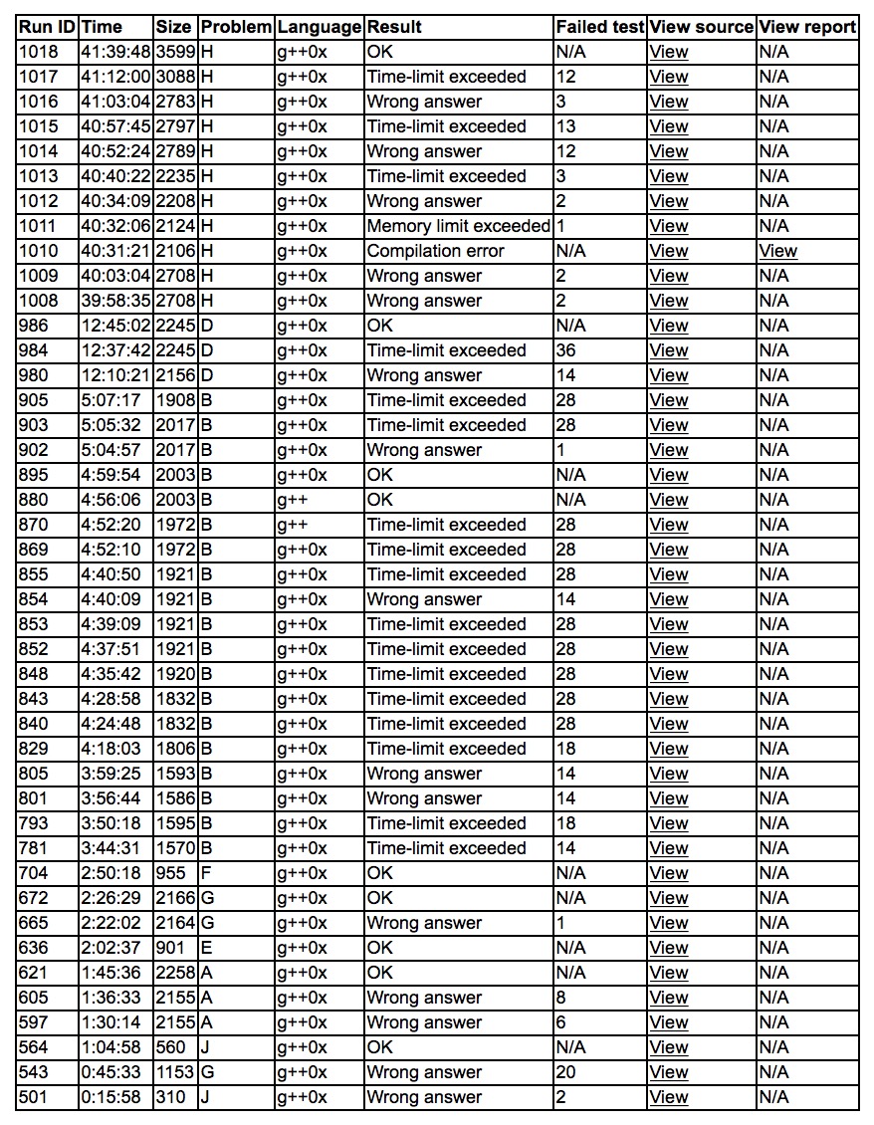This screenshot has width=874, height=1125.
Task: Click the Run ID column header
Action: [47, 27]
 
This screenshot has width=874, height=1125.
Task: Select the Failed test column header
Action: [600, 27]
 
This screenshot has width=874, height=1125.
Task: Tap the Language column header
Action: [319, 27]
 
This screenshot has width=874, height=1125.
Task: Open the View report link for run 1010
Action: [777, 251]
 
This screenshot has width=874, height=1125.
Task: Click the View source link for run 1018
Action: [668, 52]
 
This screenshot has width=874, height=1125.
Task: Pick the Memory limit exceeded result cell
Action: [458, 226]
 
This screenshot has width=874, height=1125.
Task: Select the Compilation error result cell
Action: [435, 251]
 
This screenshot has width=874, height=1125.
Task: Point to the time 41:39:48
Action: [114, 52]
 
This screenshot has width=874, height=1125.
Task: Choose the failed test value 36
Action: [566, 350]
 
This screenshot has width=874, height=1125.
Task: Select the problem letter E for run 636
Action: [207, 948]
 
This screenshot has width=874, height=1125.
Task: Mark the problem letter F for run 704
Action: [207, 873]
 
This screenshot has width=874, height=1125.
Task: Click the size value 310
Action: [171, 1097]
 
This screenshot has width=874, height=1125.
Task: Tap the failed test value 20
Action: [566, 1072]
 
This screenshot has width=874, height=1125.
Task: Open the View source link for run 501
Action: [668, 1097]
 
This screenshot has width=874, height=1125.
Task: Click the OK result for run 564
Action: [379, 1047]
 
